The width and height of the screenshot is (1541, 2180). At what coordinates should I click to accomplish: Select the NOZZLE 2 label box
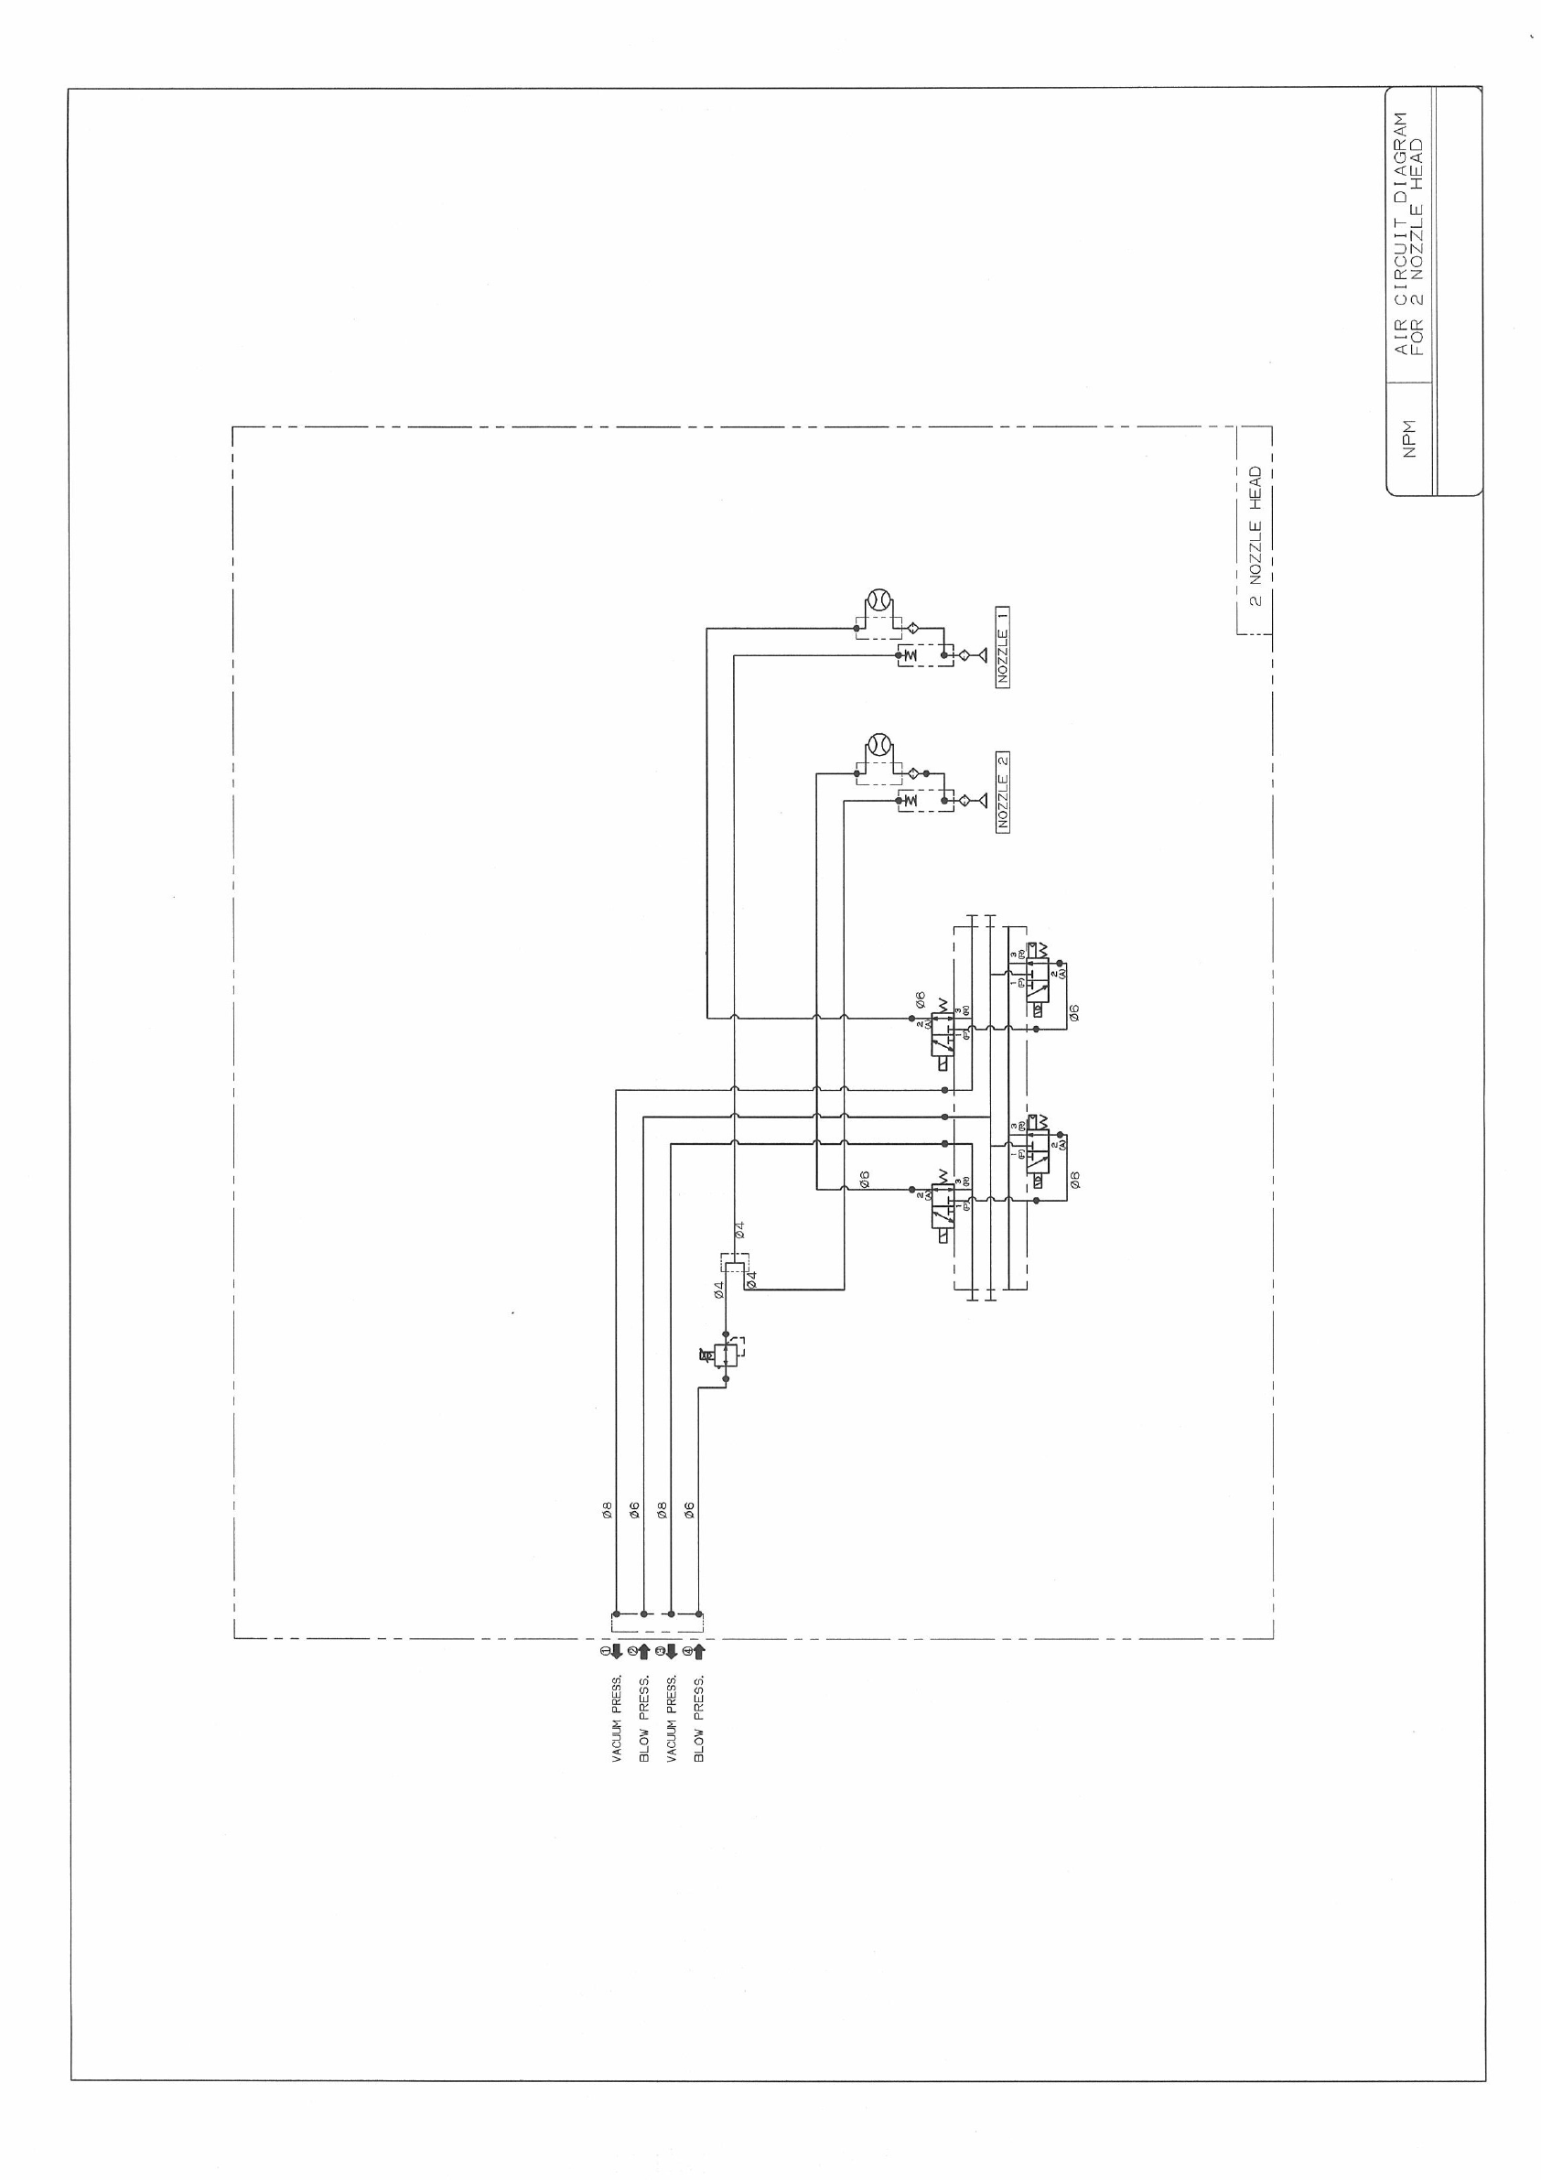[1004, 792]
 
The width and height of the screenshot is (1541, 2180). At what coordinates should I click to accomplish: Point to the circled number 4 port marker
[699, 1651]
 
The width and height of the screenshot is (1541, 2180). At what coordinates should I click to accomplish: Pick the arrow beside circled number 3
[672, 1651]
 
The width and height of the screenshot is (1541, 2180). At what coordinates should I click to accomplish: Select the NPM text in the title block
[1410, 437]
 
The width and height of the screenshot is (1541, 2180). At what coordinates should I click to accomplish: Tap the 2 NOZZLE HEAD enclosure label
[1255, 536]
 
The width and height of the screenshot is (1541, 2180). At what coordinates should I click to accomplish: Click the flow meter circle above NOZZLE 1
[878, 600]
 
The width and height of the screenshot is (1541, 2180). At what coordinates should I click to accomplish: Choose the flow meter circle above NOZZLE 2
[878, 745]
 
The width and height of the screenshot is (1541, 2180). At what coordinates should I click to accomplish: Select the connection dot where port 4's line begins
[699, 1613]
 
